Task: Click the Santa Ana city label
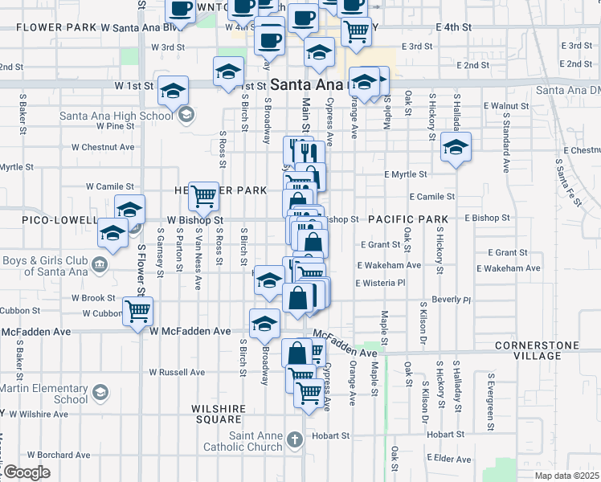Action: coord(305,84)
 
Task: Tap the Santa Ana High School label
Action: coord(117,115)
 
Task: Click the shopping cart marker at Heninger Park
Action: coord(204,194)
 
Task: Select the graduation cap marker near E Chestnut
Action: coord(456,147)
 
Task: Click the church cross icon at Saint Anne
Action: coord(296,439)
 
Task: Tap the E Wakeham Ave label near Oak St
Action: coord(390,266)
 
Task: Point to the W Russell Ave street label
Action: coord(177,373)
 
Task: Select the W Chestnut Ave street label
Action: coord(103,148)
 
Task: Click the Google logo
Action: coord(27,472)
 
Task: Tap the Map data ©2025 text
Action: coord(568,475)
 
